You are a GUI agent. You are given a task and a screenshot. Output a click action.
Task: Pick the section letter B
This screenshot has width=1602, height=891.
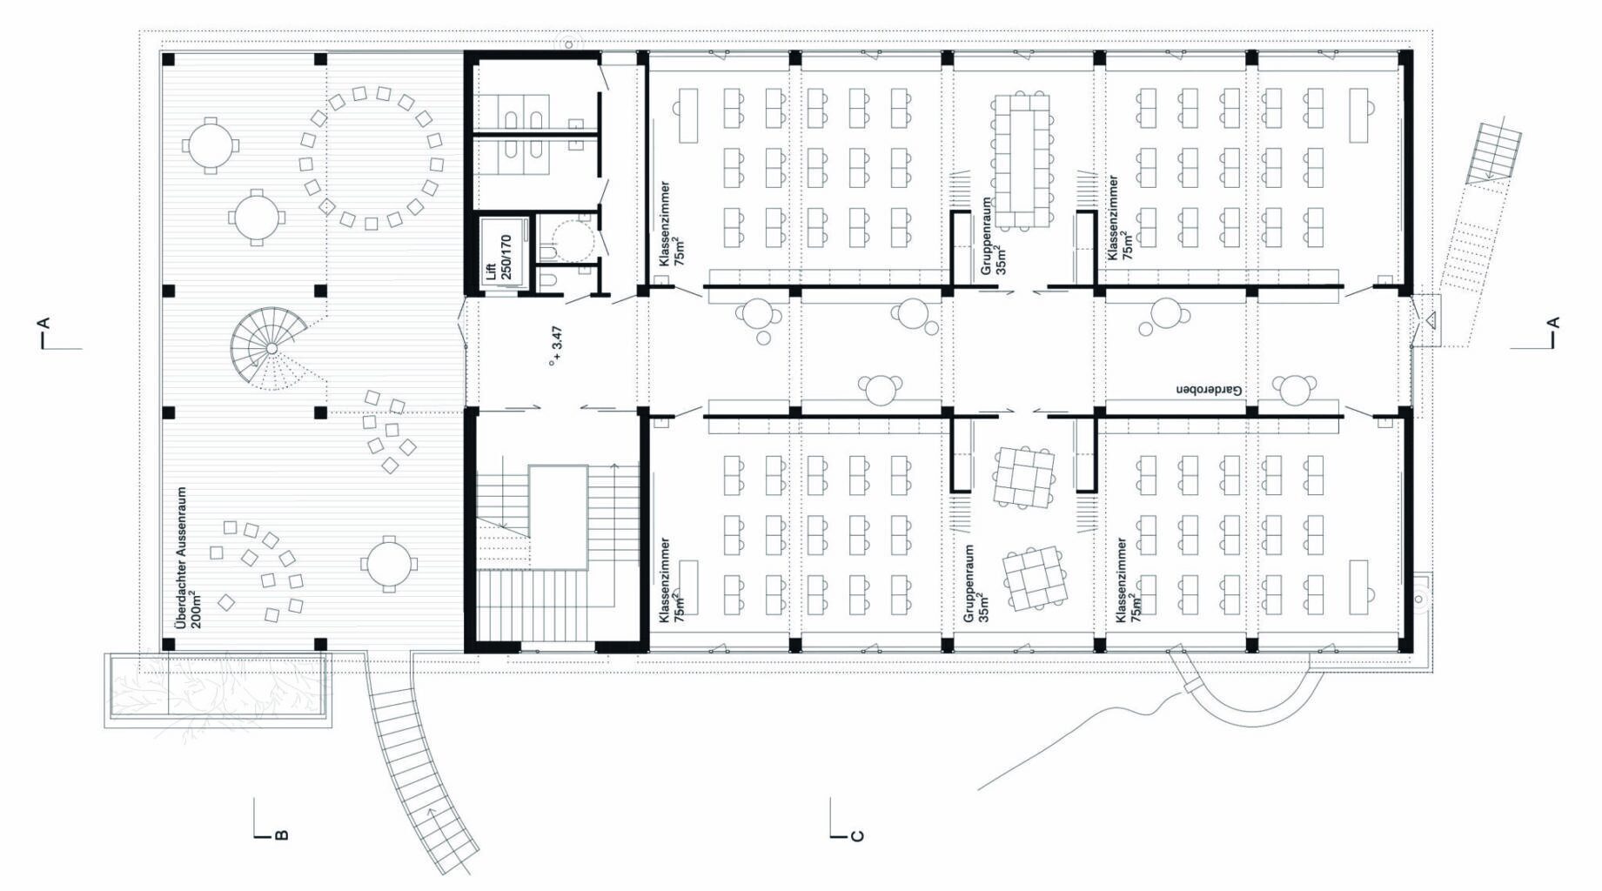[281, 836]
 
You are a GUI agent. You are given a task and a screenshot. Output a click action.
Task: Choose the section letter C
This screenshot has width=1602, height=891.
[857, 836]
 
